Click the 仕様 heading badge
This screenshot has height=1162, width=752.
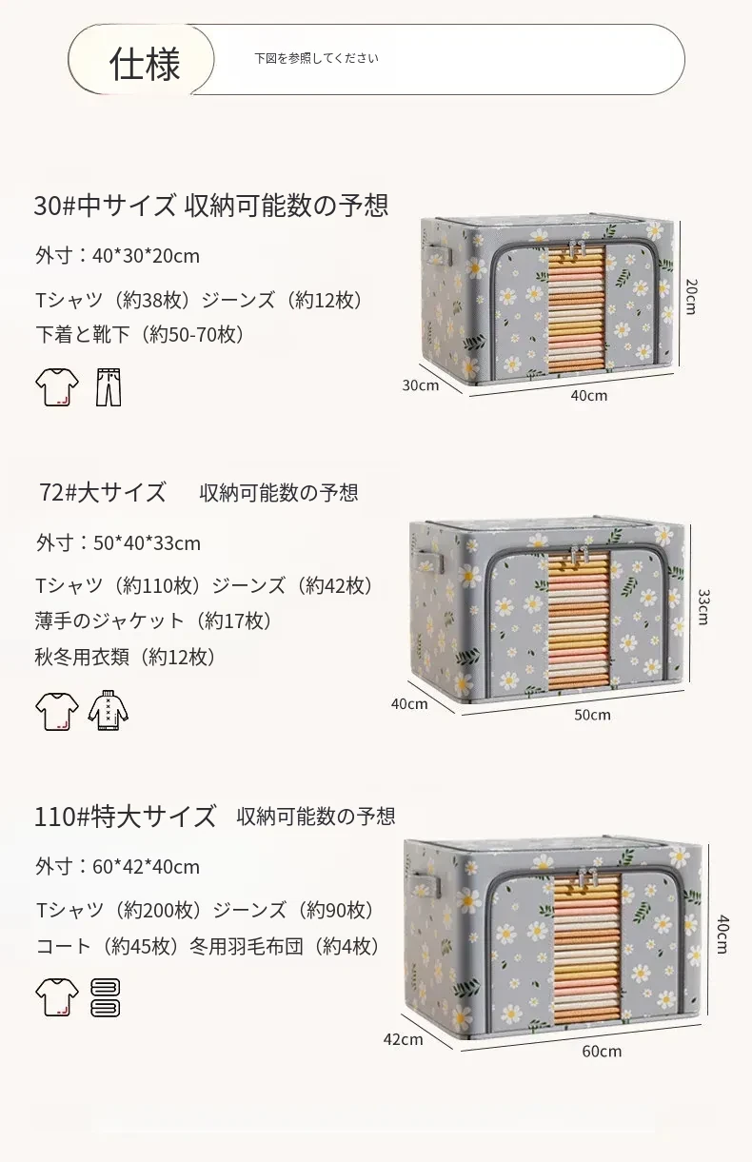click(141, 60)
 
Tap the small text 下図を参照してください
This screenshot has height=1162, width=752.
click(316, 59)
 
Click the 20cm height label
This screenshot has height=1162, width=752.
click(691, 296)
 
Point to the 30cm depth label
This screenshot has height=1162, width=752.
click(420, 384)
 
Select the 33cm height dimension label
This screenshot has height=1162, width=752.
click(703, 606)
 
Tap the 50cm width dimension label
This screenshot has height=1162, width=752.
click(592, 715)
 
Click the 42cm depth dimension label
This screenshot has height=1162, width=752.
click(403, 1039)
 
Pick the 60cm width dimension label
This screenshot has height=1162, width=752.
click(602, 1051)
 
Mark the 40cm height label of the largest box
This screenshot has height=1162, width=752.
click(722, 935)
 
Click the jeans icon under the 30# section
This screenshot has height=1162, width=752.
click(108, 387)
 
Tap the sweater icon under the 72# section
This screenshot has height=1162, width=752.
click(108, 710)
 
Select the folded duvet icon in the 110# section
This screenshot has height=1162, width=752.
click(106, 997)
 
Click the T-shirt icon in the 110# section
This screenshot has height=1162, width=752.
click(57, 996)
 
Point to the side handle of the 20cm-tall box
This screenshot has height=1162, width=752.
click(439, 255)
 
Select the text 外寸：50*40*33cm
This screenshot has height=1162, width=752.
click(118, 543)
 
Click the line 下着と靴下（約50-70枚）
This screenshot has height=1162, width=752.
click(140, 335)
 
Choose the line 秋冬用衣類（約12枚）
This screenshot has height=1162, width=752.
click(125, 657)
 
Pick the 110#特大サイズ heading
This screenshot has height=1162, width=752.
click(125, 816)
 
